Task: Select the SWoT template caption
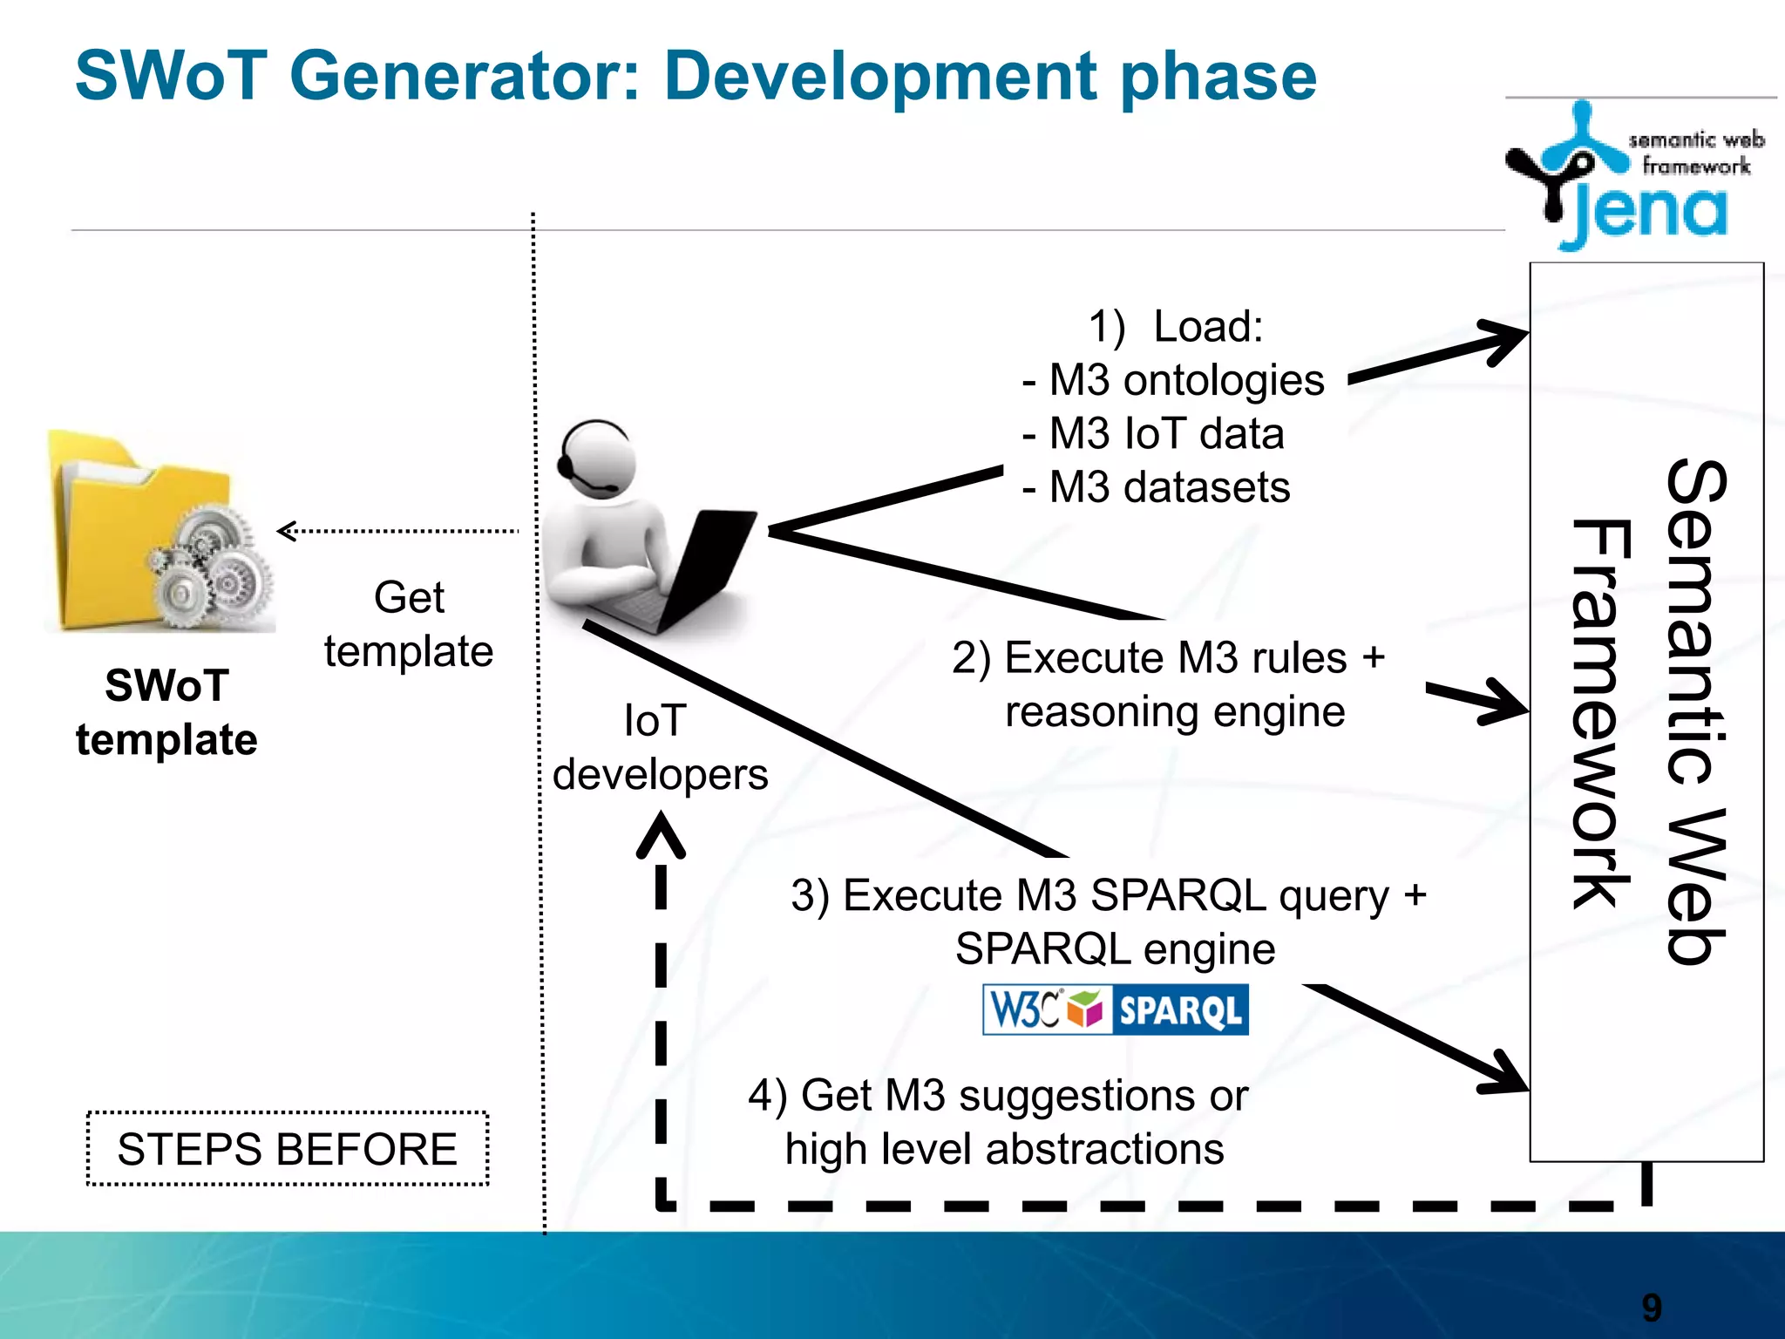[x=166, y=712]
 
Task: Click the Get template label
[x=408, y=625]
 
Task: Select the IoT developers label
[x=659, y=748]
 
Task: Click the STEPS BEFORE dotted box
[x=288, y=1149]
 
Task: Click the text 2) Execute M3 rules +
[x=1168, y=658]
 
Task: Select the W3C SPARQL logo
[x=1115, y=1010]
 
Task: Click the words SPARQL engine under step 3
[x=1115, y=949]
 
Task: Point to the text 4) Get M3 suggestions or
[x=998, y=1096]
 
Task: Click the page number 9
[x=1652, y=1308]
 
